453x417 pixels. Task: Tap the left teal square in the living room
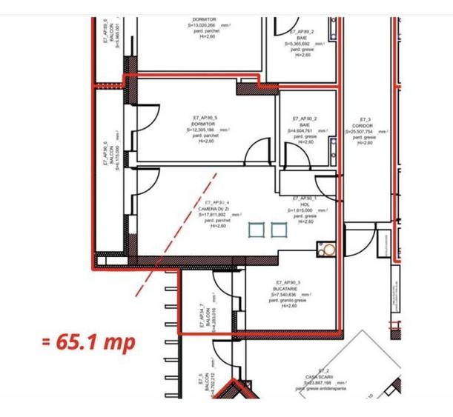tap(256, 230)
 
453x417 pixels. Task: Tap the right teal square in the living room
tap(278, 230)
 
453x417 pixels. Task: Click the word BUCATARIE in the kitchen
tap(288, 289)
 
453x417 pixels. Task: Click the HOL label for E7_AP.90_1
tap(304, 204)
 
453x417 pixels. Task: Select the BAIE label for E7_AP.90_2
tap(305, 124)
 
